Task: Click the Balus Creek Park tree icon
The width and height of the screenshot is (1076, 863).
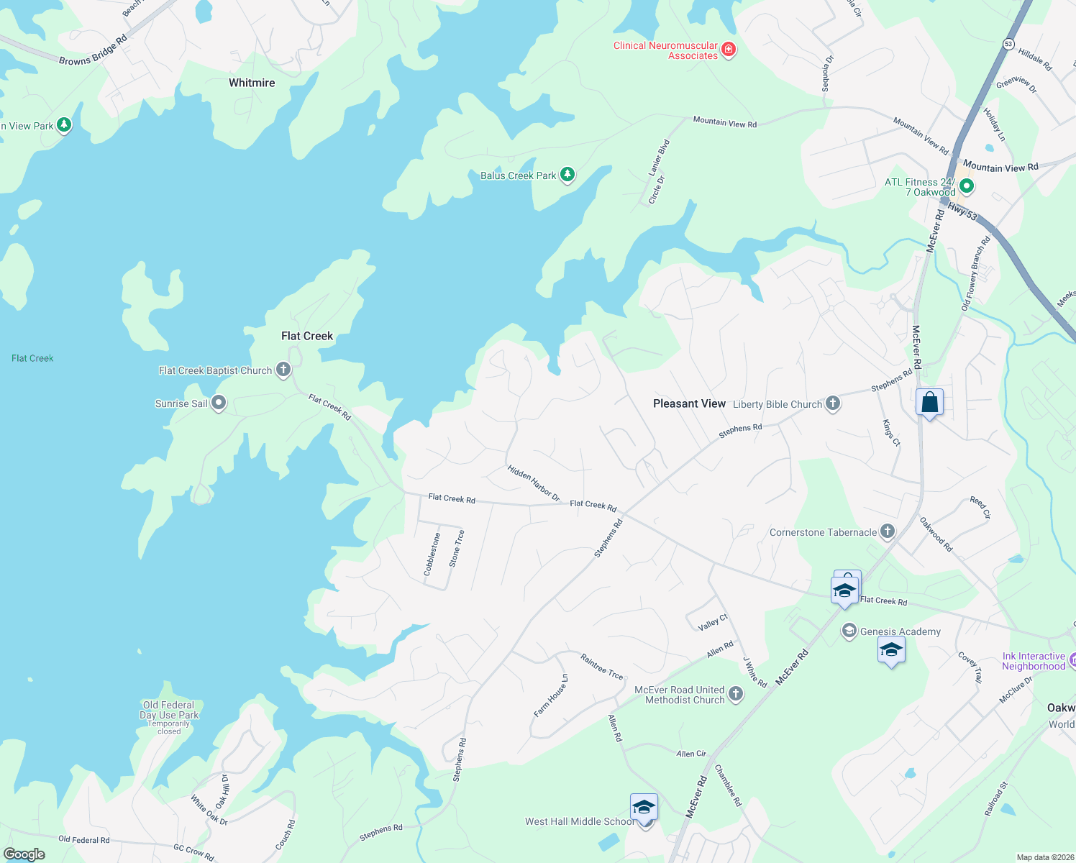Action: coord(567,175)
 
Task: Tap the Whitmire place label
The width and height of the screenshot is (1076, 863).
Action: coord(252,83)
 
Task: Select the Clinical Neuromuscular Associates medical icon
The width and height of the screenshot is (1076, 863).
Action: coord(729,50)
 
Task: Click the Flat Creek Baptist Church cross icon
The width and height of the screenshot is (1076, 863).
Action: coord(283,370)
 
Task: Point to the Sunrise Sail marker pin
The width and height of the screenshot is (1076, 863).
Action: coord(219,403)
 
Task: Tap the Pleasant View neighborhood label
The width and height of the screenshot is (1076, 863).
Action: coord(689,403)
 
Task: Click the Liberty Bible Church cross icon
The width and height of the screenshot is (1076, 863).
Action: coord(833,403)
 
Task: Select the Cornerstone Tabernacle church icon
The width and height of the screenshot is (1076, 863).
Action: coord(888,532)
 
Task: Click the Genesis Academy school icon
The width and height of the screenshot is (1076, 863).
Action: coord(849,631)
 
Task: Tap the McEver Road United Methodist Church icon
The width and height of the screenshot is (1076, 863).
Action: coord(735,694)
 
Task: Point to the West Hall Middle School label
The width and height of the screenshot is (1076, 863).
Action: coord(579,821)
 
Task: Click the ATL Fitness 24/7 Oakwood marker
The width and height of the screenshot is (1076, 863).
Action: coord(967,187)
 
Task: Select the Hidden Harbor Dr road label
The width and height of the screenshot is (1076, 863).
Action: coord(533,483)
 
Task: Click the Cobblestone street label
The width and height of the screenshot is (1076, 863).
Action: coord(432,554)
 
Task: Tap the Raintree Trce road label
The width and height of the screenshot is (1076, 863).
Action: coord(601,666)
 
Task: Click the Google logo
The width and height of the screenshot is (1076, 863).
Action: coord(24,854)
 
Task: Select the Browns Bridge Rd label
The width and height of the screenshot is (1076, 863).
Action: coord(93,50)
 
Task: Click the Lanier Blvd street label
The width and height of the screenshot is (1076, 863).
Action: coord(659,157)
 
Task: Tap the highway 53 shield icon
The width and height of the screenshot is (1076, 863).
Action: coord(1008,44)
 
